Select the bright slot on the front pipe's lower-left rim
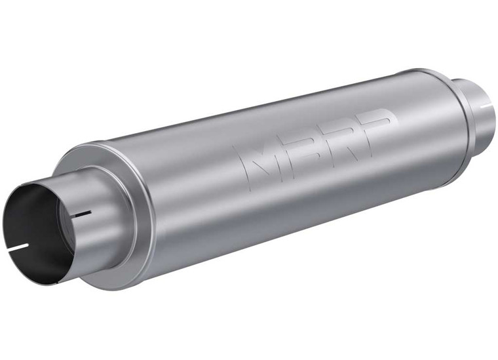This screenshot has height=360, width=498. (20, 248)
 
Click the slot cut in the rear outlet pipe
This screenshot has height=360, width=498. (486, 103)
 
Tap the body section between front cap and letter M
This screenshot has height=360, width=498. (190, 190)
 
